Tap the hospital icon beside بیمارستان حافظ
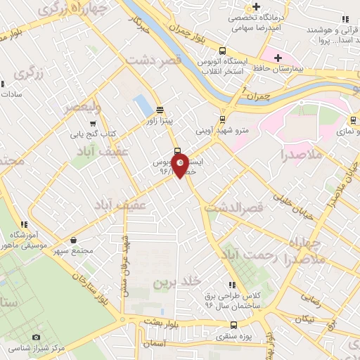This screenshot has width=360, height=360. click(x=278, y=58)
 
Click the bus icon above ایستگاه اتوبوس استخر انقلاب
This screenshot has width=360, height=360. click(x=222, y=51)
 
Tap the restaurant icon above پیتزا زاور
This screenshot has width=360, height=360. click(x=160, y=110)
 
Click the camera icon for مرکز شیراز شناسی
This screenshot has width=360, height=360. click(x=37, y=337)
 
